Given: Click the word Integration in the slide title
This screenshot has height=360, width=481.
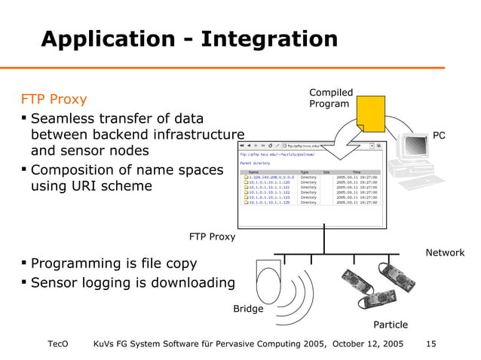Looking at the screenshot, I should [261, 39].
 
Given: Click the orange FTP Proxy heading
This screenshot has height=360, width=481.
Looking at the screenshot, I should [54, 99].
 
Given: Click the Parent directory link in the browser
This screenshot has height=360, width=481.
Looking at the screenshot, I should [254, 162].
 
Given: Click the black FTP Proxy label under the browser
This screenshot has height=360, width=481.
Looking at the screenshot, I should [212, 237].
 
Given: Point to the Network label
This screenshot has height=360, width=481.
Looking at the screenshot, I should [445, 253].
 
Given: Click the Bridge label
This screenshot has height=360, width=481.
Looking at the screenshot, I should [248, 309].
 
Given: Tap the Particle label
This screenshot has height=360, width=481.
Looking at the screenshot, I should [391, 325].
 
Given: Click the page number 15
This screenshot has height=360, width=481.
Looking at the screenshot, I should [431, 344].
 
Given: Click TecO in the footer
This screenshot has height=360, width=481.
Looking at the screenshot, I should [58, 344].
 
